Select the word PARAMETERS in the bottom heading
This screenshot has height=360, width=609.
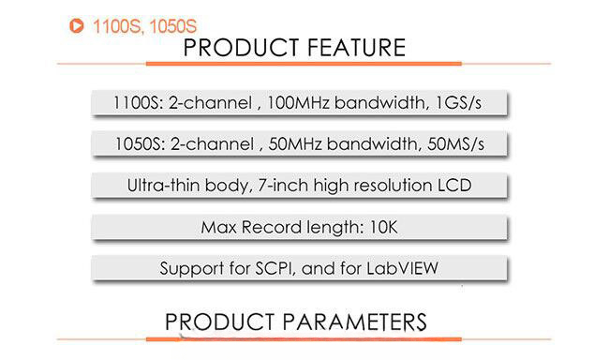point(350,322)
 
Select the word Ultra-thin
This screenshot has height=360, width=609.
point(162,185)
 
